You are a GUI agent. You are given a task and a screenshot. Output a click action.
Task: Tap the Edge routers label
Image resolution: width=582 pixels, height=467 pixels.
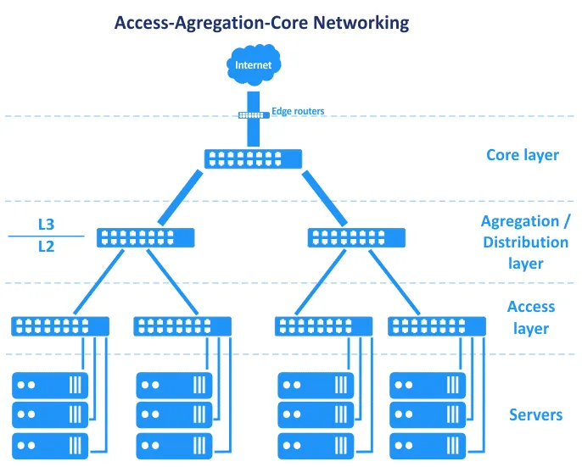(x=297, y=111)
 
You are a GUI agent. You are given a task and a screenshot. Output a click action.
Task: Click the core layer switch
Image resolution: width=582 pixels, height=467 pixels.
(x=253, y=158)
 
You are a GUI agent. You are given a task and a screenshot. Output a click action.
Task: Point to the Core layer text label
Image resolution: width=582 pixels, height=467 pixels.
(x=522, y=155)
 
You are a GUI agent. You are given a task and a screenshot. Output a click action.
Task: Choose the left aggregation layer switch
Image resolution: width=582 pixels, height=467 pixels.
(x=146, y=237)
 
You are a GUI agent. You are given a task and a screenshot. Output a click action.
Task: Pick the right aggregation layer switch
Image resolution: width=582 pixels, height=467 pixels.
(x=356, y=237)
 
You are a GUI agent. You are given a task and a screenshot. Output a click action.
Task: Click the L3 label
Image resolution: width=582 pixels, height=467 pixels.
(x=46, y=225)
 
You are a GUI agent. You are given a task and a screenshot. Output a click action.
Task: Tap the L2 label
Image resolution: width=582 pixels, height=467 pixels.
(x=46, y=247)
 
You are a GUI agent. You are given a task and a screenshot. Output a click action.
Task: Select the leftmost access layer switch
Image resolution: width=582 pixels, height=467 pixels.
(x=60, y=325)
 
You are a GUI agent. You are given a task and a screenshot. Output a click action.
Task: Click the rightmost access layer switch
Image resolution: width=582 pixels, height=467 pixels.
(x=437, y=325)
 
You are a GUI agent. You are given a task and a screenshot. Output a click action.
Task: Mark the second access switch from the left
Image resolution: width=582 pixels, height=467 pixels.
(x=182, y=325)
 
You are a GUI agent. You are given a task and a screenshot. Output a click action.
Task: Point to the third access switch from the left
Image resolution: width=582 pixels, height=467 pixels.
(x=324, y=325)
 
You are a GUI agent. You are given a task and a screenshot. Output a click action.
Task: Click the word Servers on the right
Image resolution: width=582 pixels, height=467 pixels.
(x=535, y=414)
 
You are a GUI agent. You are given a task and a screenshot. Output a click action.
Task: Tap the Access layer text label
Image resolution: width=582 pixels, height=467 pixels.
(x=530, y=317)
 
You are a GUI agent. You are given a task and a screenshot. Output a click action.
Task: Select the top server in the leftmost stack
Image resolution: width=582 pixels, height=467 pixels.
(x=50, y=385)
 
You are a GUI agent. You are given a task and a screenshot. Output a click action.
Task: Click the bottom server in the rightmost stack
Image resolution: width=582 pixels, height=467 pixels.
(x=427, y=444)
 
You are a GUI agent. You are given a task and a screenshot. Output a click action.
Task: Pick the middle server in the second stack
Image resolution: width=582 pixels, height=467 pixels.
(x=174, y=414)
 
